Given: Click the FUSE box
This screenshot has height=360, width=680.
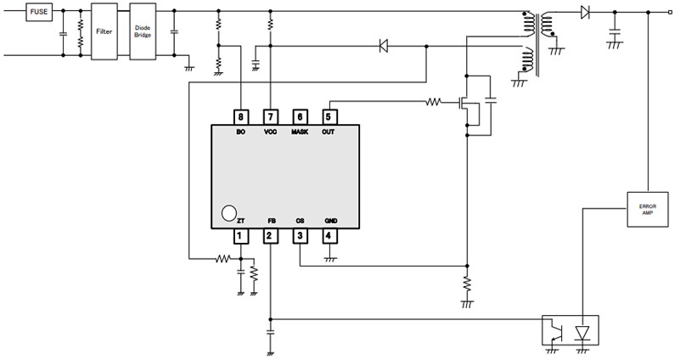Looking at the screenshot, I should [x=39, y=13].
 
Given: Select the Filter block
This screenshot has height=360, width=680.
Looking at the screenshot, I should [x=104, y=31].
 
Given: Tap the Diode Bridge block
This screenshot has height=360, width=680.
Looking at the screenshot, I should [x=143, y=31].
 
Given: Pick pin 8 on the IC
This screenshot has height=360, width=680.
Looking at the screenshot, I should [x=242, y=116].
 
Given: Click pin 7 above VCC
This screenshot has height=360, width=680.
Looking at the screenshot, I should [x=271, y=116].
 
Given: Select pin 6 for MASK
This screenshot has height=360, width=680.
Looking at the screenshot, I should [x=300, y=116].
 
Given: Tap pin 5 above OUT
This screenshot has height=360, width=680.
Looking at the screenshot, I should [x=329, y=116].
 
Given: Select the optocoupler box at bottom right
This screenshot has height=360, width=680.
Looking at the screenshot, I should [x=570, y=329].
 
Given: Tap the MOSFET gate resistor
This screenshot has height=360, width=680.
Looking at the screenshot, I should [x=434, y=103].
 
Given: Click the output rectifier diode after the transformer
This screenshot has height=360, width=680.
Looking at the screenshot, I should [x=585, y=13].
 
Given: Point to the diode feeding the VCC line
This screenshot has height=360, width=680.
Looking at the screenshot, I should [x=383, y=46].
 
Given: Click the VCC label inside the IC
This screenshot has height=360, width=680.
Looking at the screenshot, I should [x=271, y=133].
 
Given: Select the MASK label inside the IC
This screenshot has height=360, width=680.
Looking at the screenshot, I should [x=300, y=133].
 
